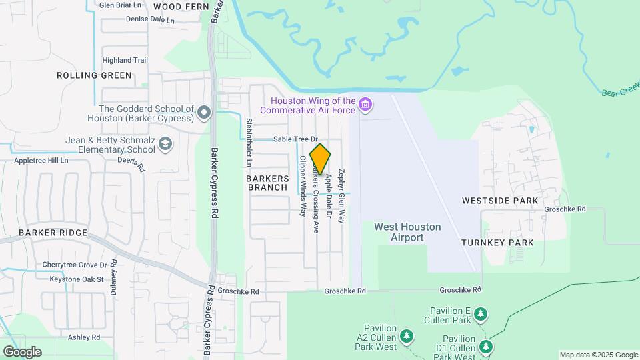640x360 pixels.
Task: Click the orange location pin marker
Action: (320, 159)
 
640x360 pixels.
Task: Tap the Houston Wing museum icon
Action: (365, 104)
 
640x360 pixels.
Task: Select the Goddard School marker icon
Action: (204, 113)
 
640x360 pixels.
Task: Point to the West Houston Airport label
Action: (407, 232)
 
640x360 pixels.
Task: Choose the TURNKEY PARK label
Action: (497, 243)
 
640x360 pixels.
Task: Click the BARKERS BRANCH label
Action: (267, 183)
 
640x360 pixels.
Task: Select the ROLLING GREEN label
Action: (95, 75)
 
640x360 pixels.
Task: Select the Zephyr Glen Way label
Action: (342, 195)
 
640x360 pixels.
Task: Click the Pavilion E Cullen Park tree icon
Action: (480, 313)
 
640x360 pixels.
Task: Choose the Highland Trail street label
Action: (125, 60)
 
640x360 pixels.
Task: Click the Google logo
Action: (22, 352)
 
